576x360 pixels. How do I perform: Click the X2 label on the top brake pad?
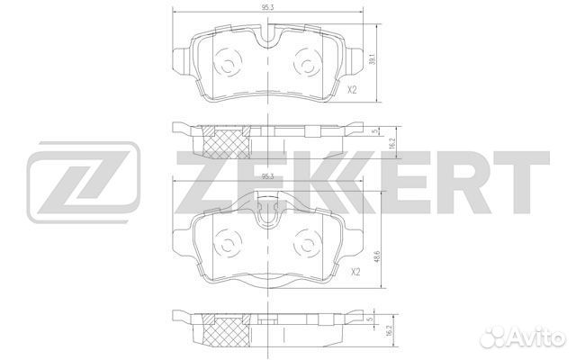(x=353, y=90)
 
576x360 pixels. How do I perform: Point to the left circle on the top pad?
(x=227, y=64)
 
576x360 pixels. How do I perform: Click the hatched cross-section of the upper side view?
(x=228, y=142)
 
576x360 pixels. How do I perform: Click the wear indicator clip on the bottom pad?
(x=268, y=213)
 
